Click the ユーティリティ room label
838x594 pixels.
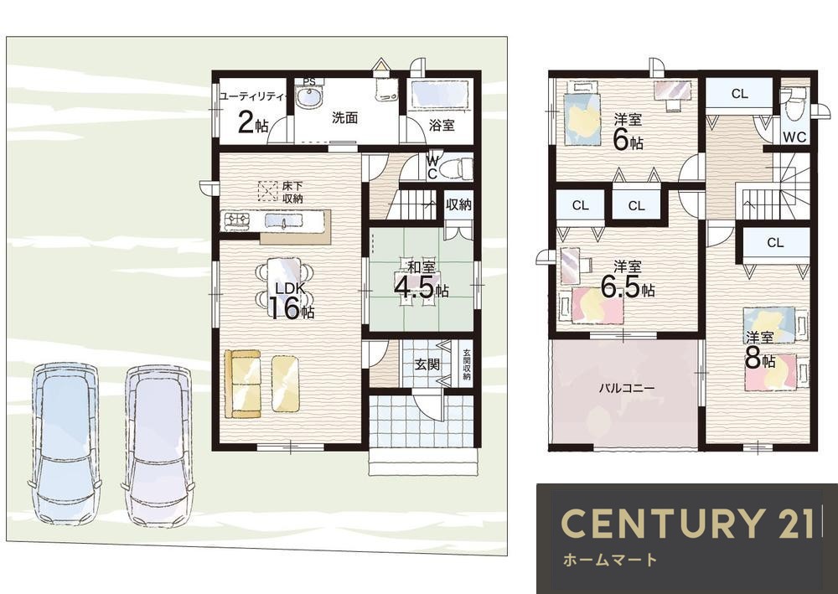[253, 96]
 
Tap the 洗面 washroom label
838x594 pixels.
[344, 117]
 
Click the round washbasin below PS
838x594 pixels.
[308, 98]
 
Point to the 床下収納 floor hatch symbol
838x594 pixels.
[267, 191]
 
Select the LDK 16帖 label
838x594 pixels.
[290, 301]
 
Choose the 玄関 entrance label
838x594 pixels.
[427, 364]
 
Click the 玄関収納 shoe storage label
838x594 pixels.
[467, 364]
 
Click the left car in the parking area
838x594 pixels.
[65, 443]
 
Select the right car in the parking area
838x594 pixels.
[158, 444]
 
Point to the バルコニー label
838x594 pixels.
[626, 388]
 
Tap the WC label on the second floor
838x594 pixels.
[794, 137]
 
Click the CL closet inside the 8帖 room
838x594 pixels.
[775, 242]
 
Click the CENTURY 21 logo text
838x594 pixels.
[688, 523]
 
